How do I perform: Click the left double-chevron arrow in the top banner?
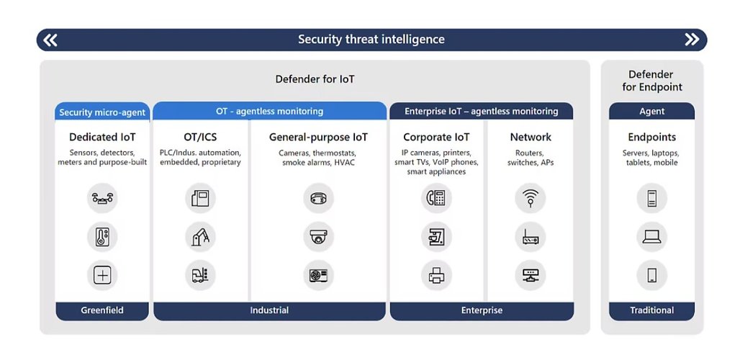pyautogui.click(x=50, y=40)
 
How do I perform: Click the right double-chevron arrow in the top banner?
pyautogui.click(x=692, y=40)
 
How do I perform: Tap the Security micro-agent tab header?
pyautogui.click(x=102, y=112)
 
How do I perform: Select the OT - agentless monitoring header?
pyautogui.click(x=269, y=112)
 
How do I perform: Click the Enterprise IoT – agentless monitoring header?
pyautogui.click(x=482, y=112)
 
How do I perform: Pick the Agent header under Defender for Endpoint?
pyautogui.click(x=651, y=112)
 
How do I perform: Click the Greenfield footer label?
pyautogui.click(x=102, y=310)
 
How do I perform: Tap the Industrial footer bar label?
pyautogui.click(x=269, y=310)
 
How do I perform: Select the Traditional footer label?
pyautogui.click(x=651, y=310)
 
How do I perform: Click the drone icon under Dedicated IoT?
pyautogui.click(x=102, y=198)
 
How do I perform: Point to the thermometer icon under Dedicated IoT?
pyautogui.click(x=102, y=237)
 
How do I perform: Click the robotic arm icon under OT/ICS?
pyautogui.click(x=201, y=237)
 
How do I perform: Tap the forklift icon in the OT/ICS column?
pyautogui.click(x=201, y=275)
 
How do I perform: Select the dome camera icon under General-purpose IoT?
pyautogui.click(x=319, y=237)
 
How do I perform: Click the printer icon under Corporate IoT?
pyautogui.click(x=436, y=275)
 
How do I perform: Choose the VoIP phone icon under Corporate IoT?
pyautogui.click(x=436, y=198)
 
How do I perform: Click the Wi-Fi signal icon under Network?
pyautogui.click(x=531, y=198)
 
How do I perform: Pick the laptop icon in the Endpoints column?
pyautogui.click(x=651, y=237)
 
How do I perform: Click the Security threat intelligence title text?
pyautogui.click(x=371, y=39)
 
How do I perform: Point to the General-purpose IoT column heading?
pyautogui.click(x=319, y=138)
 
